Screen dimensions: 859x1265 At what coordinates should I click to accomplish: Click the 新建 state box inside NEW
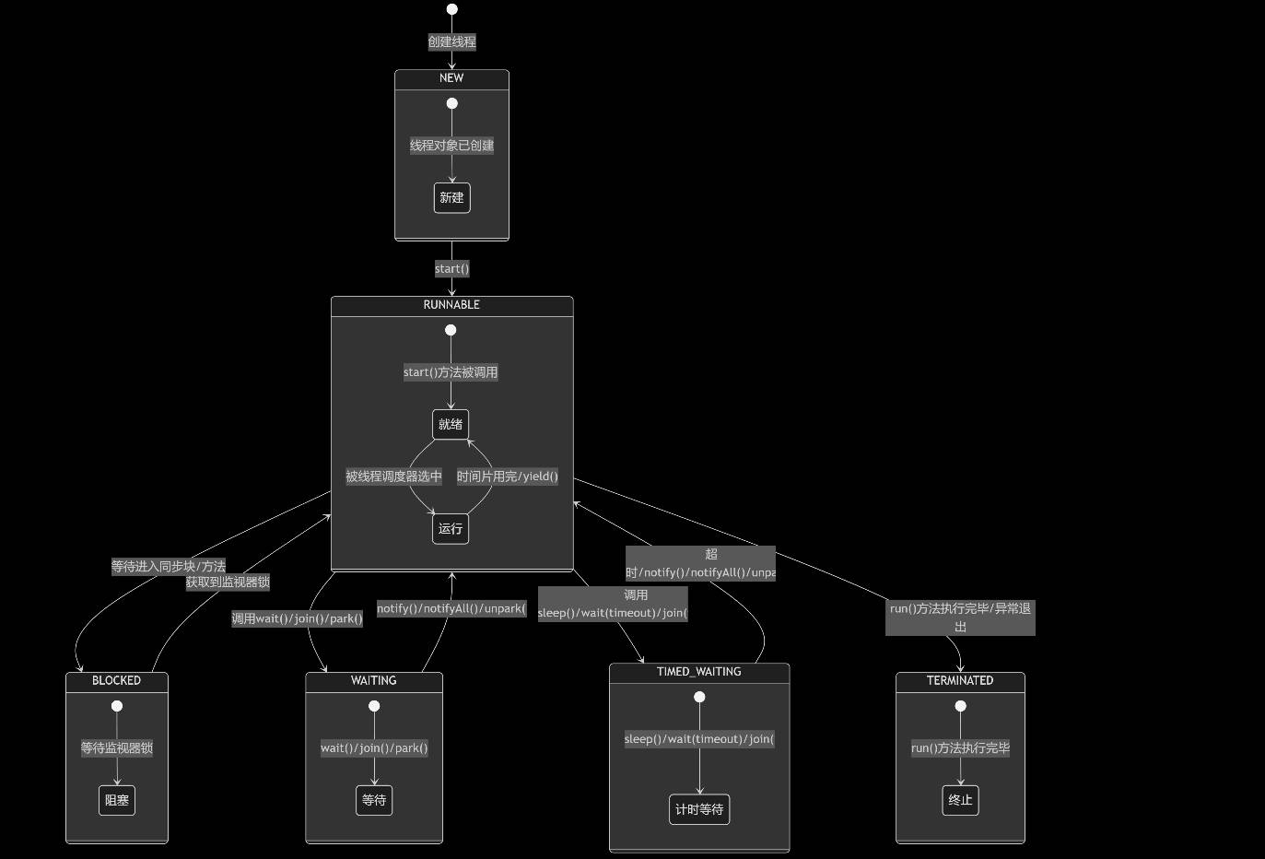451,198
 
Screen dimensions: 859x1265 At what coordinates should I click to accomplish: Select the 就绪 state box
451,424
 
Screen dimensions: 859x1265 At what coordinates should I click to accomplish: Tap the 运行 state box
451,529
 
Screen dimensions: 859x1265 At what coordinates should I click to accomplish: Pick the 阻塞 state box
117,800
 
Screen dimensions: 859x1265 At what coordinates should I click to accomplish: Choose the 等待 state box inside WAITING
374,800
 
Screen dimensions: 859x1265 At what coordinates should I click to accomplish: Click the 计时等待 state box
699,809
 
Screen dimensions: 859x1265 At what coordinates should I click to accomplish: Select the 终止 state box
960,800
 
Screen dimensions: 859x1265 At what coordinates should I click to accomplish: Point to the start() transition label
451,269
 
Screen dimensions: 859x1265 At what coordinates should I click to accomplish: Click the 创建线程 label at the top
451,41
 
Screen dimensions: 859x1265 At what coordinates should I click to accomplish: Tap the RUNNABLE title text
451,305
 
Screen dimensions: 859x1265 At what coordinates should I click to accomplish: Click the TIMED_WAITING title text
698,672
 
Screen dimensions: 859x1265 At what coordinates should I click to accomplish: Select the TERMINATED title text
960,681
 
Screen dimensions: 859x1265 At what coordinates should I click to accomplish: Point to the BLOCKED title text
116,681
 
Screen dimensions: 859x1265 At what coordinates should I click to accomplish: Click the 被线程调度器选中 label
393,477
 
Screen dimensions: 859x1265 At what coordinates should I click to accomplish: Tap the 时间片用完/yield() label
508,477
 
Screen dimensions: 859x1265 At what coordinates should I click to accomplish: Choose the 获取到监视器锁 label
228,582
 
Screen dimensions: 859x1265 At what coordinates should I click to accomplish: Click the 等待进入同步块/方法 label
169,567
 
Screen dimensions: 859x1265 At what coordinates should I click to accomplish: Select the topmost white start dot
451,9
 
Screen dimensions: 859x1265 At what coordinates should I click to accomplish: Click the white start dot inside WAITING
374,706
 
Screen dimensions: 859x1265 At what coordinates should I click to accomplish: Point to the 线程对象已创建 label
451,146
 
